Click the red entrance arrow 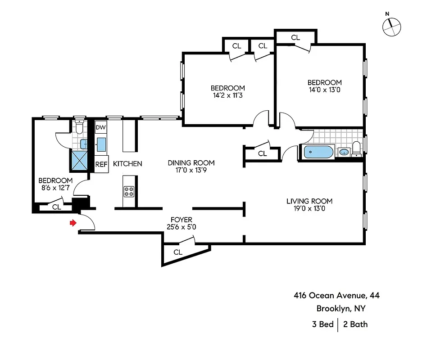coord(72,223)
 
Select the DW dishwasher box coord(101,128)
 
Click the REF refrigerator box coord(101,164)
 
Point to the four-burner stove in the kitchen coord(129,192)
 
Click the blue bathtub coord(318,152)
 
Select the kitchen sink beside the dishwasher coord(101,144)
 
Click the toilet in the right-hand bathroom coord(356,148)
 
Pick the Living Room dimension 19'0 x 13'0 coord(309,208)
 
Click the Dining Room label coord(191,162)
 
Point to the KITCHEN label coord(127,164)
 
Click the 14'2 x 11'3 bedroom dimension coord(228,95)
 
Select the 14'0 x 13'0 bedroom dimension coord(324,90)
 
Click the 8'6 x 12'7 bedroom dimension coord(55,188)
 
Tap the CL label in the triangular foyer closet coord(178,252)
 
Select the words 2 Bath coord(355,324)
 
